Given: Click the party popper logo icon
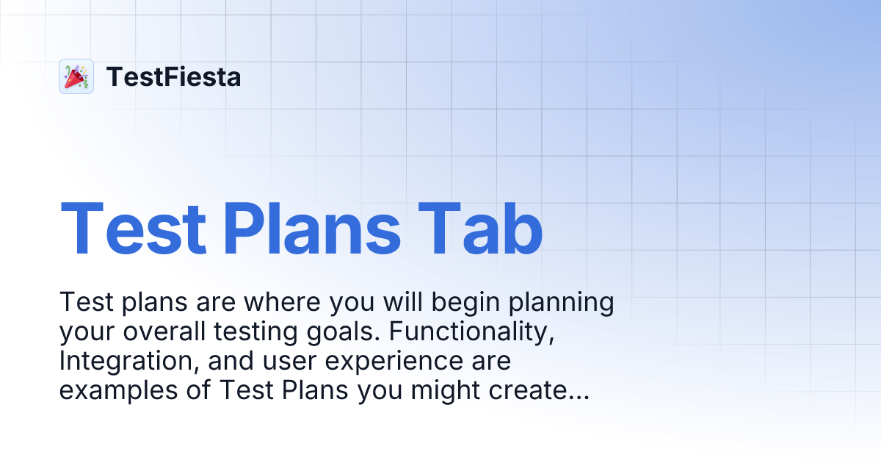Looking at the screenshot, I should [x=76, y=76].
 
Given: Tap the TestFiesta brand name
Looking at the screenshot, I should [x=173, y=76].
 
